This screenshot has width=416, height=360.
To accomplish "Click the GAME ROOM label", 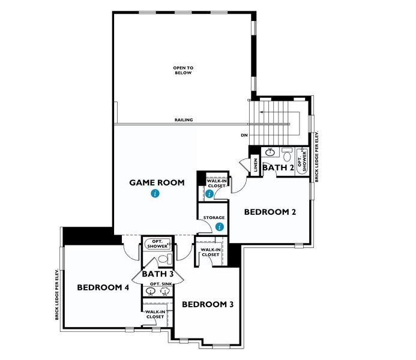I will (157, 182).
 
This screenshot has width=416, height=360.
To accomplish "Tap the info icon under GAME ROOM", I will (155, 194).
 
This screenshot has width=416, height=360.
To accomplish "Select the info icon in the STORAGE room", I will (220, 227).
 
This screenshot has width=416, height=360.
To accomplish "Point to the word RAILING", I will (184, 120).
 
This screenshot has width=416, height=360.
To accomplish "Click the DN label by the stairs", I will (244, 136).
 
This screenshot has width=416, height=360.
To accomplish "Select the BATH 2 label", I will (277, 168).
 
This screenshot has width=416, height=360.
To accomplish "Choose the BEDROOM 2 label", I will (270, 212).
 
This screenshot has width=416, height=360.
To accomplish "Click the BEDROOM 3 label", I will (207, 304).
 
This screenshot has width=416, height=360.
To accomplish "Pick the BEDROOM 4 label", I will (103, 287).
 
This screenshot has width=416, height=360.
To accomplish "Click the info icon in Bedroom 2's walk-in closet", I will (210, 194).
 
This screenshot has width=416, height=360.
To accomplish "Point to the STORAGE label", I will (214, 217).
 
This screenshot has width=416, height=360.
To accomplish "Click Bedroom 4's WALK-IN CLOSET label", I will (155, 314).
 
